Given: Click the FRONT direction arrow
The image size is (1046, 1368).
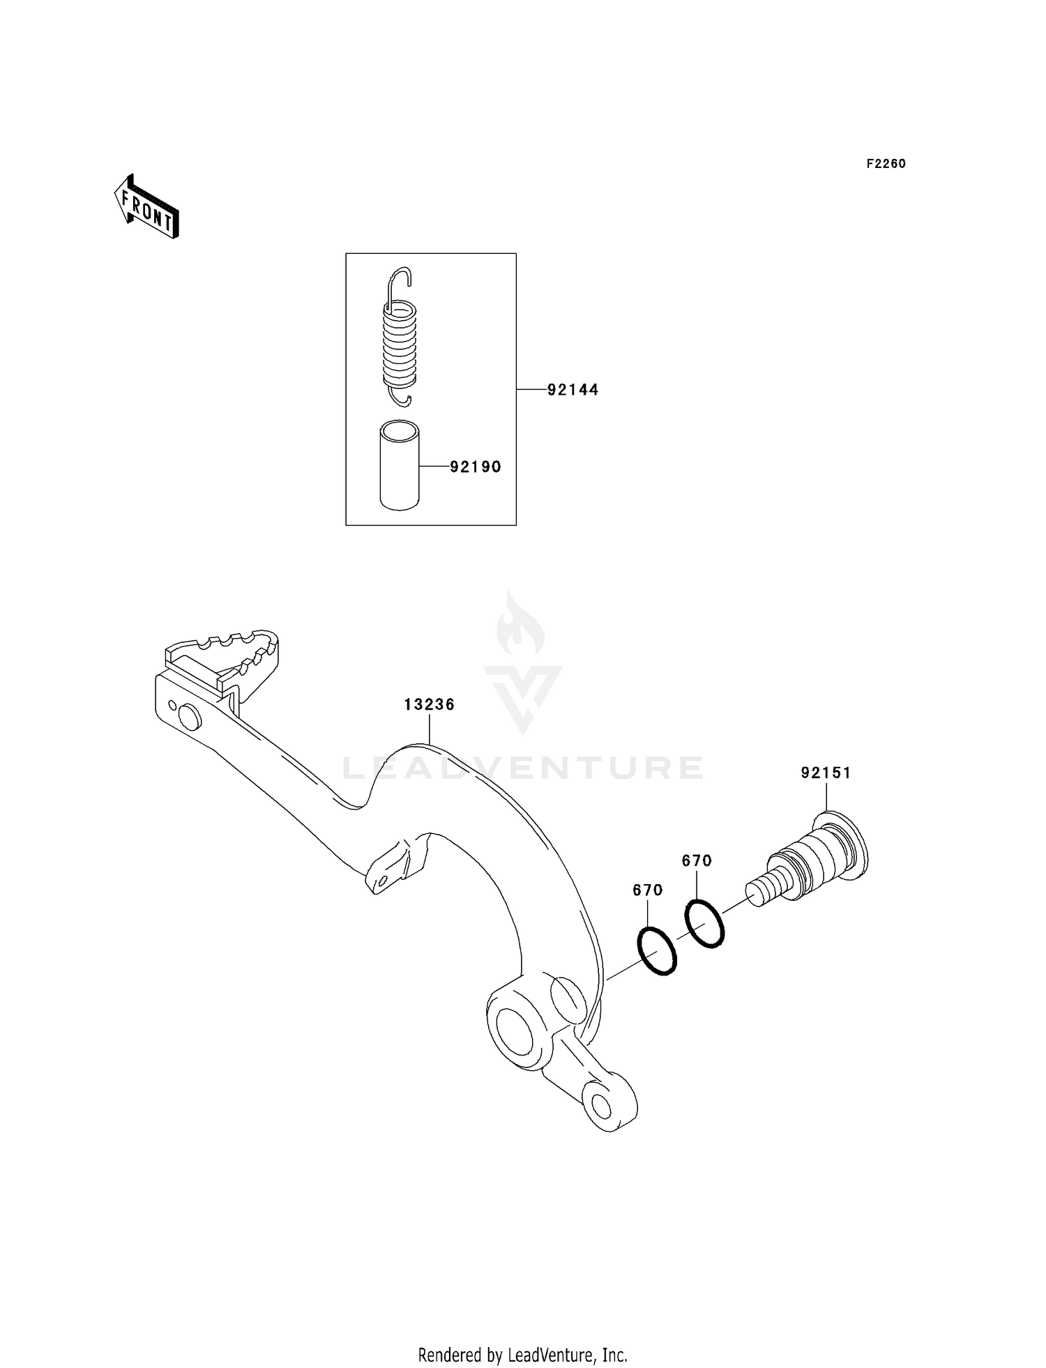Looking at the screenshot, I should tap(146, 208).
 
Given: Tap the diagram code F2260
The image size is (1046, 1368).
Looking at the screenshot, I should tap(886, 164).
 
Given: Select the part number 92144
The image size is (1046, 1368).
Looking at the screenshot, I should tap(573, 390).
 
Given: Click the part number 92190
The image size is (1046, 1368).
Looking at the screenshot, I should tap(475, 466).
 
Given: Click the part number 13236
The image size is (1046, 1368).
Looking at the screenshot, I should tap(429, 704).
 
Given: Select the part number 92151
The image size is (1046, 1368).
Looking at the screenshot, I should tap(826, 773).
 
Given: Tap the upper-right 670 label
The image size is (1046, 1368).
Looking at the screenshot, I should tap(697, 860).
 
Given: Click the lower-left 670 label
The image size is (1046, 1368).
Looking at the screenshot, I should tap(647, 890).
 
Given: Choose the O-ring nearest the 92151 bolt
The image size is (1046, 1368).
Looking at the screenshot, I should tap(704, 924).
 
